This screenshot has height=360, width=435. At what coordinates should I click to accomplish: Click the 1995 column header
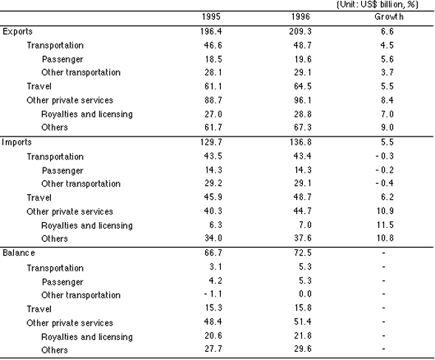click(x=211, y=17)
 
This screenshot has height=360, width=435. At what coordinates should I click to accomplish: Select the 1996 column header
click(x=301, y=17)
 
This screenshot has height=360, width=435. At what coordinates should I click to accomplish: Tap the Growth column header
click(x=389, y=17)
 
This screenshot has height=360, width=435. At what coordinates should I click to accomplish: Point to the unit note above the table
click(x=377, y=4)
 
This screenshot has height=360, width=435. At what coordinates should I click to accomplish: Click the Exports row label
click(x=18, y=32)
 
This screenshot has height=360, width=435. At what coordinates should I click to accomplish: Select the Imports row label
click(x=17, y=142)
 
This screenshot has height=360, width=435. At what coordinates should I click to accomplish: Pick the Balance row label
click(x=19, y=253)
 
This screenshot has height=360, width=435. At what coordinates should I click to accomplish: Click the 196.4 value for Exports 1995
click(x=211, y=31)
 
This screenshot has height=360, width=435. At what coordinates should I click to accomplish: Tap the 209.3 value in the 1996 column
click(x=301, y=31)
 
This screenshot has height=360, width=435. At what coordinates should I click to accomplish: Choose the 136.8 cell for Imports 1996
click(x=301, y=142)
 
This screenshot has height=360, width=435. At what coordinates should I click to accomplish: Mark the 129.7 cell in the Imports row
click(x=211, y=142)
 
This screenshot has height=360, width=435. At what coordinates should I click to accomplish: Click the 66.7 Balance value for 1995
click(x=213, y=253)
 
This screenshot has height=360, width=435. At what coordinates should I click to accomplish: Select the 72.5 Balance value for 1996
click(x=303, y=253)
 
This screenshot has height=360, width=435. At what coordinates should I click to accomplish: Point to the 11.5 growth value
click(x=385, y=225)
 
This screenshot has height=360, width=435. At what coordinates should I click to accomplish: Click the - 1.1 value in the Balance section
click(x=213, y=294)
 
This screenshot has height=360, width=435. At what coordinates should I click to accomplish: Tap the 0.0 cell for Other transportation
click(x=305, y=294)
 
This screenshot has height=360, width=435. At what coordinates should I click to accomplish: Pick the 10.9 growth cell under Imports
click(x=385, y=211)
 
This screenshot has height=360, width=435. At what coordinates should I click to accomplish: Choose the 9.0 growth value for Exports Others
click(x=387, y=127)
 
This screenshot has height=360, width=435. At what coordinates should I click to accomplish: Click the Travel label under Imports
click(x=39, y=198)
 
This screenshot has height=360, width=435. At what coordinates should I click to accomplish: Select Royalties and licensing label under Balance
click(x=87, y=337)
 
